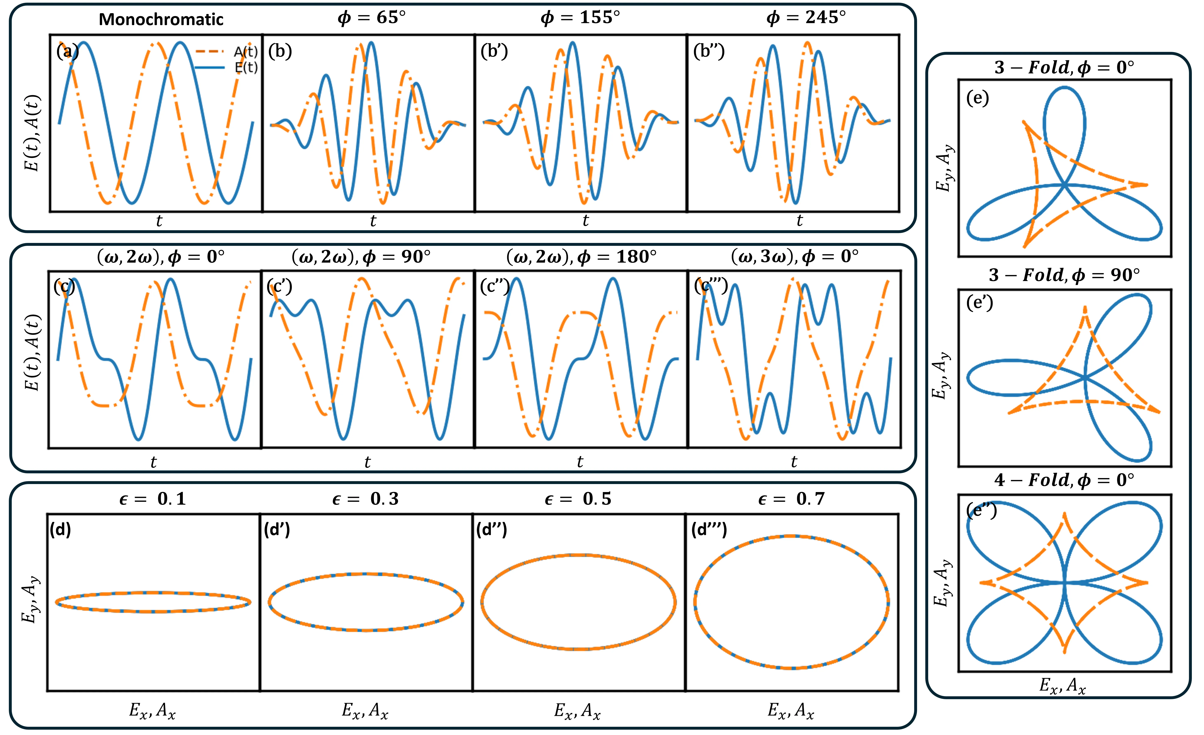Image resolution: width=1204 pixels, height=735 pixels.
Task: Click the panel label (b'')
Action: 709,51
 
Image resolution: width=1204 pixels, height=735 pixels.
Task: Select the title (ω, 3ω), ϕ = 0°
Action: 795,256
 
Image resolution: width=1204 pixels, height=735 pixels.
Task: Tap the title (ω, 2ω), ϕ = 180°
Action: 582,256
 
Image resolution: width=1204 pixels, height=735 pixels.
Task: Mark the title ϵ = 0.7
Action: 792,499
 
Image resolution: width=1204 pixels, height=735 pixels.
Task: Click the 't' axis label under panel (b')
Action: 585,221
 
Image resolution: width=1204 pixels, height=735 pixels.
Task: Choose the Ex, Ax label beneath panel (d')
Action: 365,710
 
